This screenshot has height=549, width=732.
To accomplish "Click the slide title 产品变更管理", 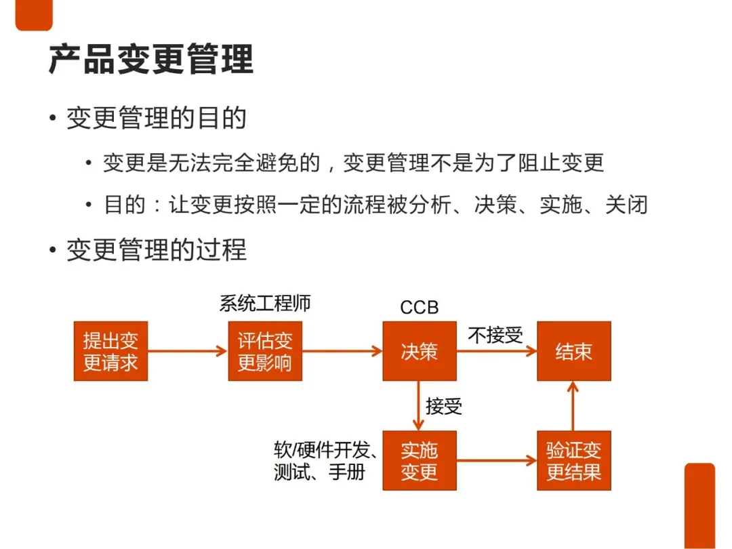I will pyautogui.click(x=150, y=59).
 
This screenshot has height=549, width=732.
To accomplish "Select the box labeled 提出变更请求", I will pyautogui.click(x=110, y=351).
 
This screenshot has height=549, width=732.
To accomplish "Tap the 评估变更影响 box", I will pyautogui.click(x=265, y=351).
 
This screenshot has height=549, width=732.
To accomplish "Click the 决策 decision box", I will pyautogui.click(x=420, y=351).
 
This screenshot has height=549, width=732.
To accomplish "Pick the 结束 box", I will pyautogui.click(x=574, y=351).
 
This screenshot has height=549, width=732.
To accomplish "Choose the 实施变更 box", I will pyautogui.click(x=420, y=460).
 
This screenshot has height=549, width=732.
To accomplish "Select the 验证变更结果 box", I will pyautogui.click(x=574, y=460).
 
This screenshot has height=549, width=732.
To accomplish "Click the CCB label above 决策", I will pyautogui.click(x=420, y=308).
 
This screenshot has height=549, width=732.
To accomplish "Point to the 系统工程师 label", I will pyautogui.click(x=265, y=303).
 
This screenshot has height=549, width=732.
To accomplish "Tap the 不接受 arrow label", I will pyautogui.click(x=495, y=335).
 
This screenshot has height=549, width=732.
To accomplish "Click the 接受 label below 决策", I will pyautogui.click(x=444, y=406).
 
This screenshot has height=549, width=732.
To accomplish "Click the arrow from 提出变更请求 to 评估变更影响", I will pyautogui.click(x=187, y=351).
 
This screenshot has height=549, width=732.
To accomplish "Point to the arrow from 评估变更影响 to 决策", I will pyautogui.click(x=342, y=351).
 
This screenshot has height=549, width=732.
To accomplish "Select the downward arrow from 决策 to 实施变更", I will pyautogui.click(x=419, y=405).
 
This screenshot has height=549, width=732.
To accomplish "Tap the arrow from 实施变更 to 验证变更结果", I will pyautogui.click(x=497, y=461).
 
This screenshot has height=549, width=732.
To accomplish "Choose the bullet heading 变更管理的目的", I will pyautogui.click(x=156, y=119).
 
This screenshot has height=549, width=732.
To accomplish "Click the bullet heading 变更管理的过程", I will pyautogui.click(x=156, y=250).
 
